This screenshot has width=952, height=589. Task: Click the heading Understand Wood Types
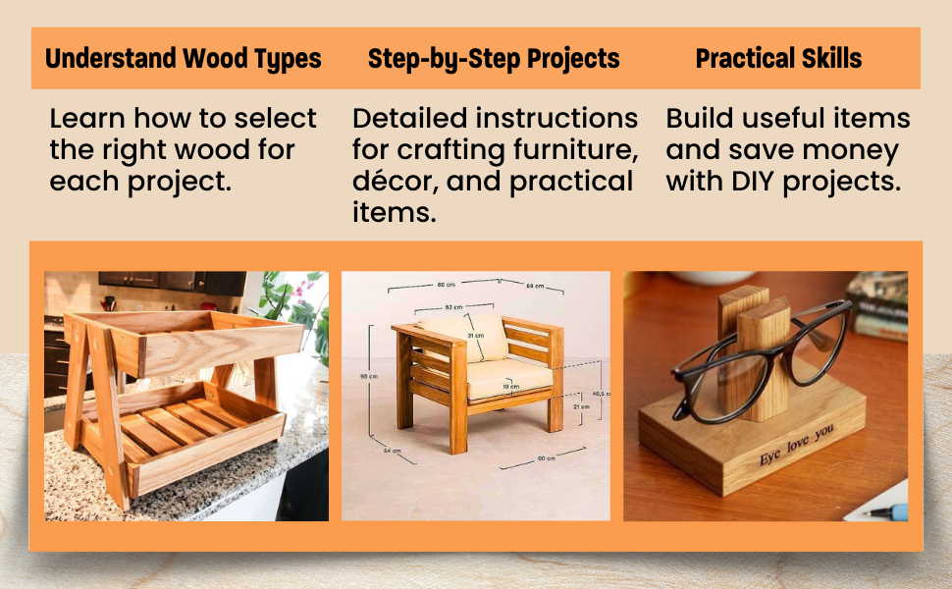coord(184,59)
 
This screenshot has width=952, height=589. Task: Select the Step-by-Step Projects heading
coord(494,59)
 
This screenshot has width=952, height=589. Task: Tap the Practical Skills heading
coord(778,59)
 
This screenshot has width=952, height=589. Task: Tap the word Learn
coord(87,119)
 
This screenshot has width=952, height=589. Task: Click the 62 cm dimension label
coord(452,307)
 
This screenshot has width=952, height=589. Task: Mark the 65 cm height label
coord(363,376)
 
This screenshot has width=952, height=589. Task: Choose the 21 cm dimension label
coord(581,405)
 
